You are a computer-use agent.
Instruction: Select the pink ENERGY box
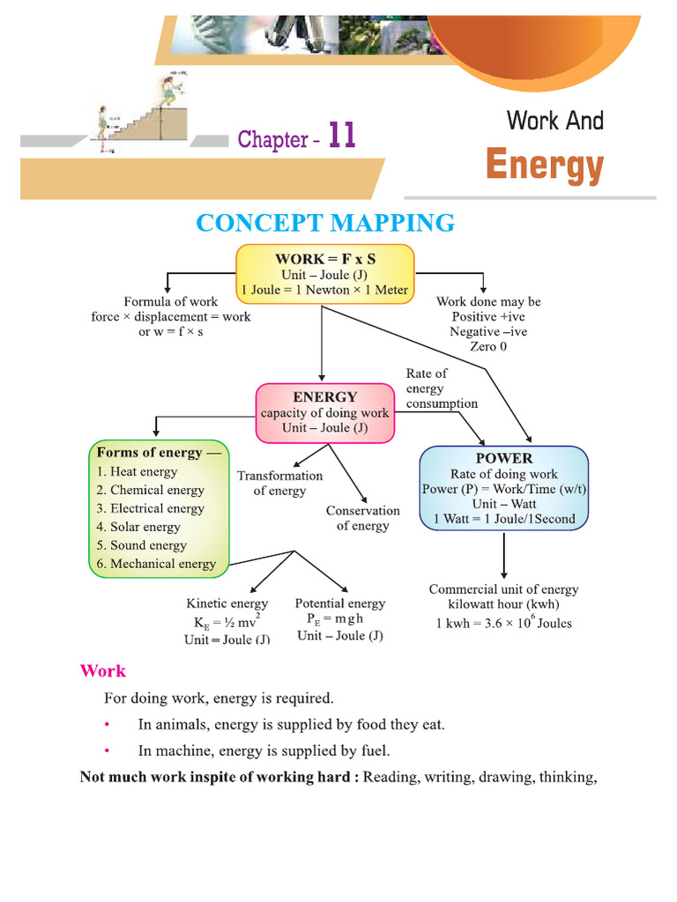point(324,412)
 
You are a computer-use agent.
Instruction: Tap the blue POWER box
point(503,488)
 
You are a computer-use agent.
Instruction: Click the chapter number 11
point(342,137)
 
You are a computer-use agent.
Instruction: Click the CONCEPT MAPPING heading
point(325,223)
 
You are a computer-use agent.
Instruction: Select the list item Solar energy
point(138,527)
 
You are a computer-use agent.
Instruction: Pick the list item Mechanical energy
point(156,564)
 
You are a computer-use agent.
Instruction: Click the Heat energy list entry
point(137,471)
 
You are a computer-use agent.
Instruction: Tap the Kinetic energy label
point(227,603)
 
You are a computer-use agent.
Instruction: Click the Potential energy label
point(339,603)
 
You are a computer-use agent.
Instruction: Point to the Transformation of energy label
point(279,483)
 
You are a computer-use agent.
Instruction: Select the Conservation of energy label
point(362,518)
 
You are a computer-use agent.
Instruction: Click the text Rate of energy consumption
point(441,388)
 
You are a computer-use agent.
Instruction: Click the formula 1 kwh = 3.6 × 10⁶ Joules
point(503,624)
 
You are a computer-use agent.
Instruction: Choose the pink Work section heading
point(102,671)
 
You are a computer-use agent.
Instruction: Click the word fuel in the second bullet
point(375,751)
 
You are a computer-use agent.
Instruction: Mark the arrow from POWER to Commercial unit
point(503,555)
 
